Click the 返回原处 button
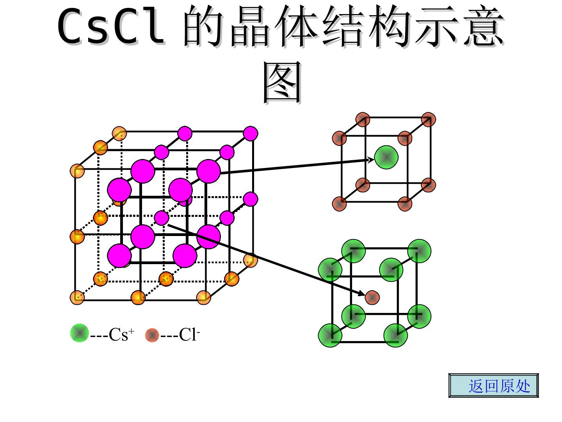coord(493,386)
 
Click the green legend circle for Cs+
coord(80,333)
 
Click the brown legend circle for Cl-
coord(152,335)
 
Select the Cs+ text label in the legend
coord(121,334)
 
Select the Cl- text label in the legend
coord(189,334)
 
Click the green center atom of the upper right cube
coord(386,157)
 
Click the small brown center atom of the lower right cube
coord(372,297)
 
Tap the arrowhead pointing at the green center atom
coord(370,160)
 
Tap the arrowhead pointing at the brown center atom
coord(361,293)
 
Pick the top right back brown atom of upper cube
coord(429,120)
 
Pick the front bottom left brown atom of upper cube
coord(339,204)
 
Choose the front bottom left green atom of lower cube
coord(330,335)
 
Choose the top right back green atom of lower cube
coord(419,251)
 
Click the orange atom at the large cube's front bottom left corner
coord(77,297)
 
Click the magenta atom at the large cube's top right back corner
coord(251,134)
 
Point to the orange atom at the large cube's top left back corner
coord(119,134)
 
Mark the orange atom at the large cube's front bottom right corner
coord(204,297)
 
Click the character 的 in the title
coord(203,26)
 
